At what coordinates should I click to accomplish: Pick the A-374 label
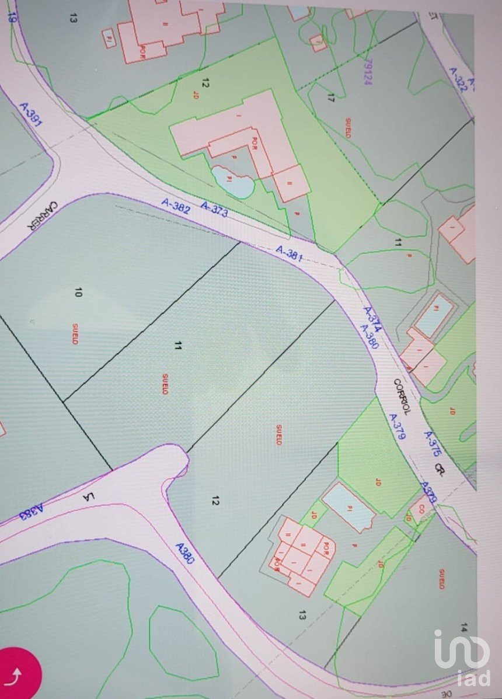pyautogui.click(x=372, y=319)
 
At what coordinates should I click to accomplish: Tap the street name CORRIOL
pyautogui.click(x=403, y=397)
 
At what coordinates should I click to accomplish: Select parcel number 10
pyautogui.click(x=78, y=291)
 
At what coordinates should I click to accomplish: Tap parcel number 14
pyautogui.click(x=463, y=627)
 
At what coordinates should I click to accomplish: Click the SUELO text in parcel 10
pyautogui.click(x=75, y=333)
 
